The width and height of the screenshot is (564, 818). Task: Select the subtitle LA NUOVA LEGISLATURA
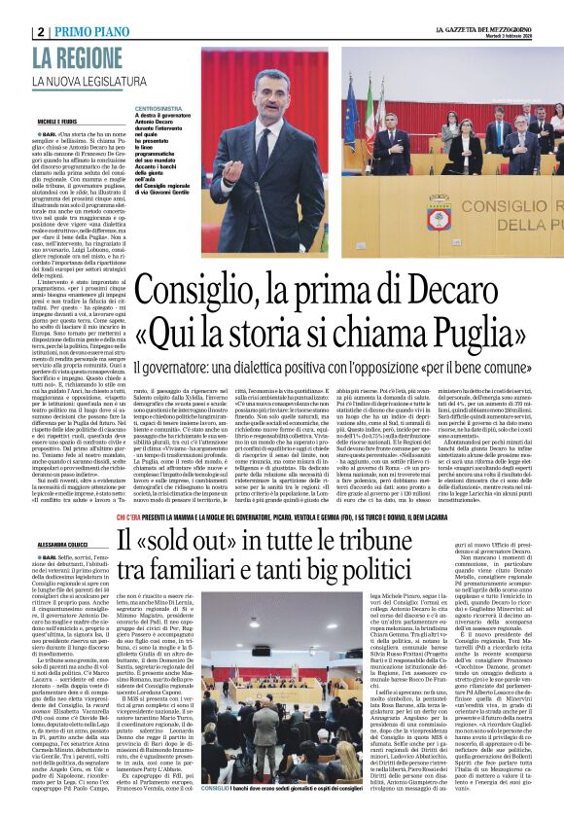87,80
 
